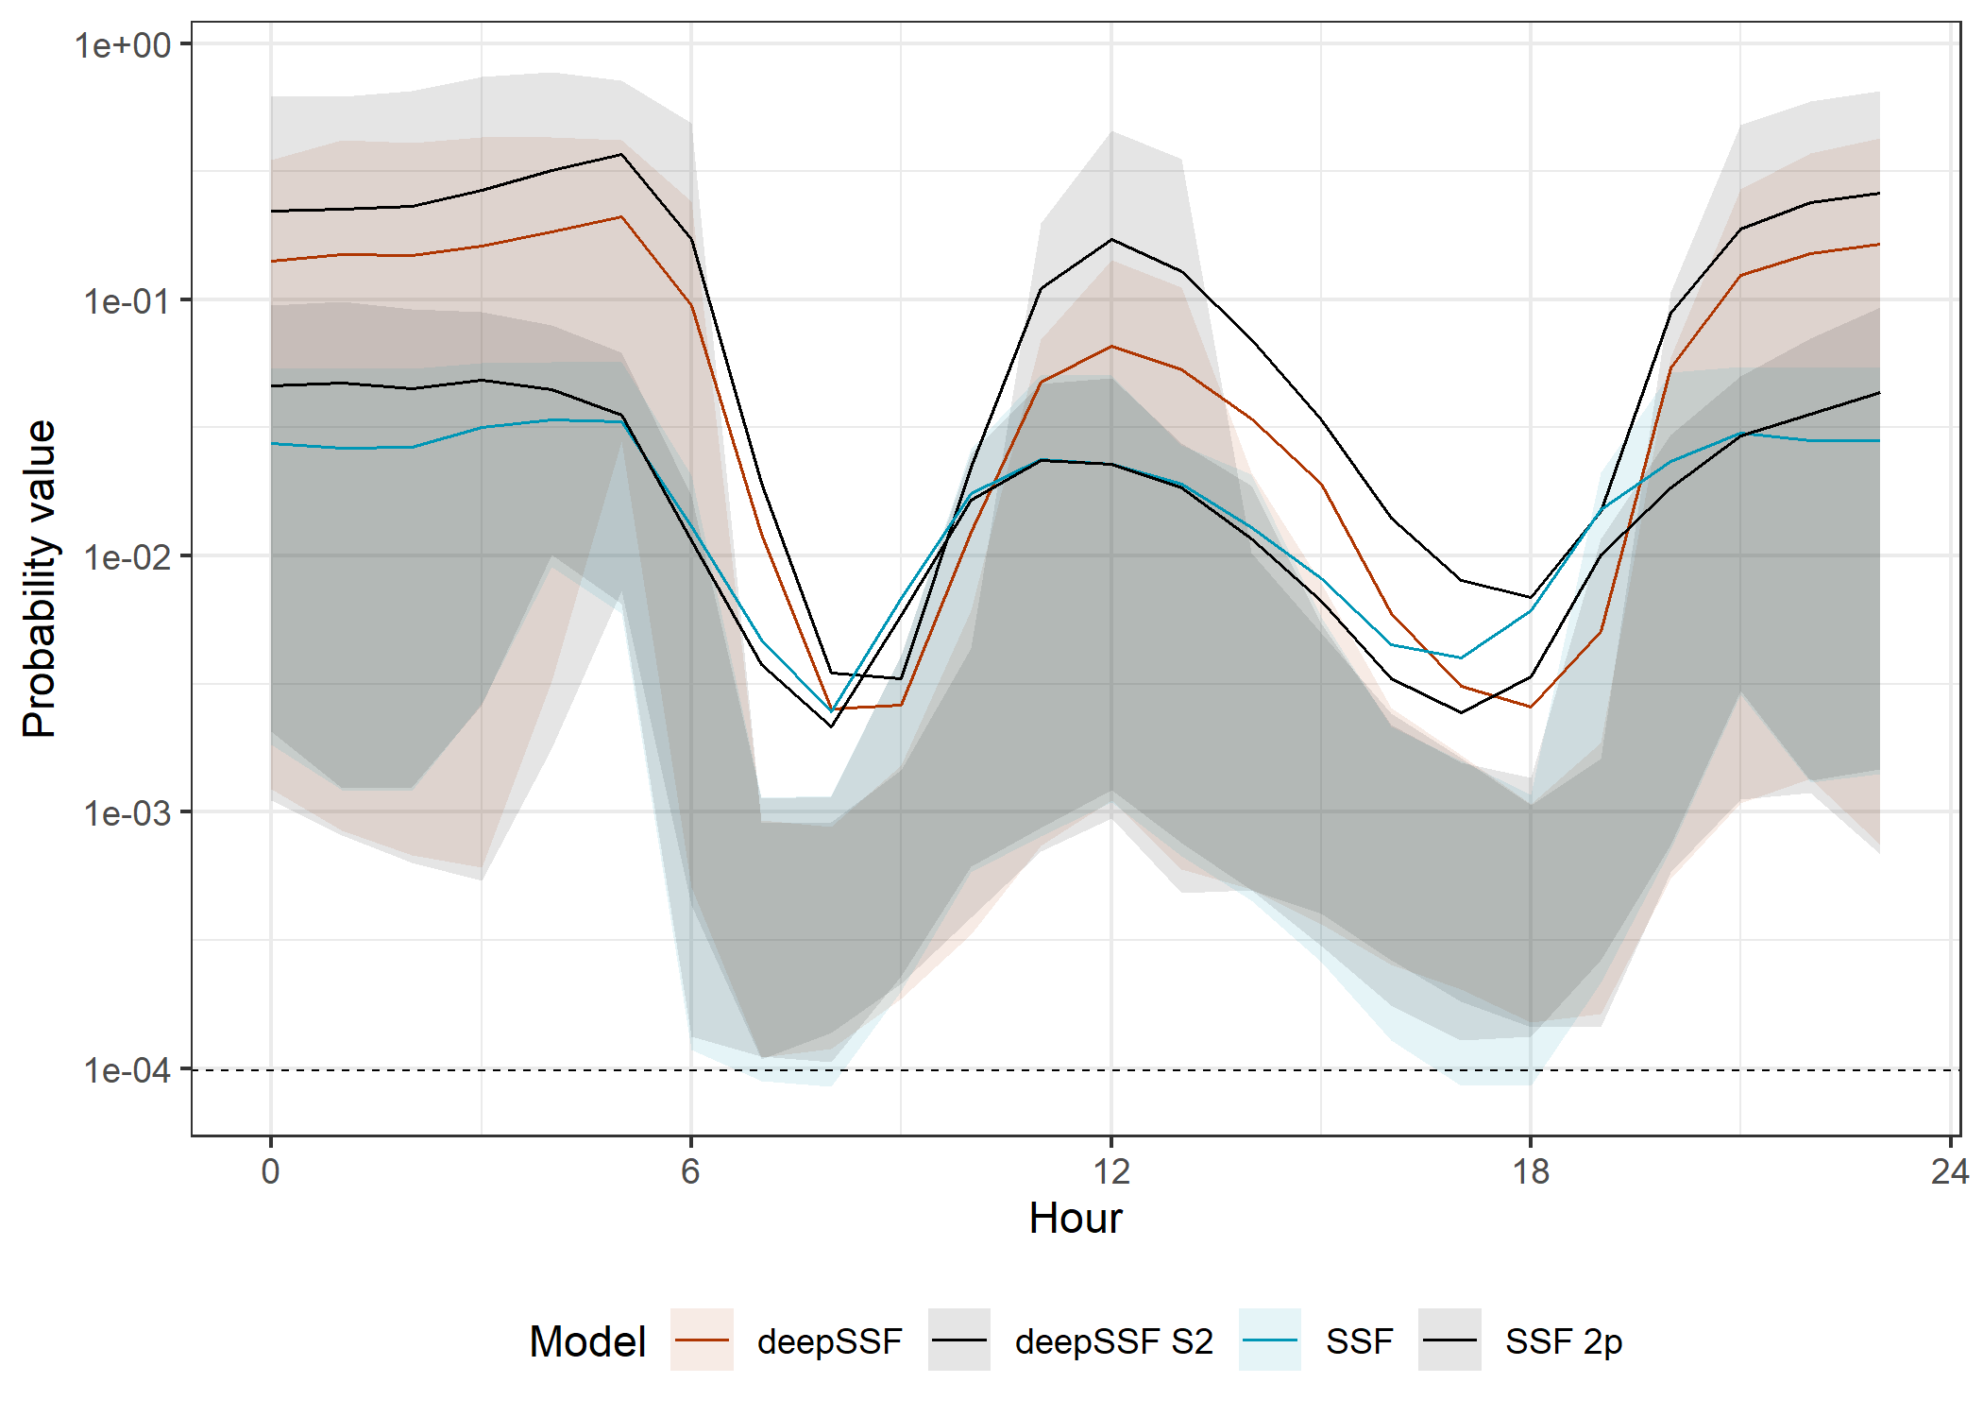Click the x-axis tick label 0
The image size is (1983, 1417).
pos(271,1172)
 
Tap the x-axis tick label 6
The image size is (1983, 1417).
pos(691,1172)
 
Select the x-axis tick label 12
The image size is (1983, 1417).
pos(1111,1172)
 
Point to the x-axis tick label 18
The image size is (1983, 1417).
pos(1531,1172)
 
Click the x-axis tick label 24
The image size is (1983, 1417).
pos(1949,1172)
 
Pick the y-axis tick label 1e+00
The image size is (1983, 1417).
pos(124,45)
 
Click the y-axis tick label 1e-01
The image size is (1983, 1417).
pos(127,301)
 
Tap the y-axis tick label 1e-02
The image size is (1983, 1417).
pos(127,557)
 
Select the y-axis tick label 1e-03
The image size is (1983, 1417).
pos(127,813)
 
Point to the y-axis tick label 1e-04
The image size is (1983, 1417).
pos(127,1070)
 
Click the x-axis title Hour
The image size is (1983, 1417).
pos(1076,1219)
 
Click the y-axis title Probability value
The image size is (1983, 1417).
pos(40,578)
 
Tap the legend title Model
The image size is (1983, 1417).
pos(587,1341)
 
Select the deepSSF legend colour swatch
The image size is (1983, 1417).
pos(702,1340)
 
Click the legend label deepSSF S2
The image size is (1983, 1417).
pos(1114,1341)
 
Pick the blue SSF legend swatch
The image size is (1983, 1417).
pos(1270,1340)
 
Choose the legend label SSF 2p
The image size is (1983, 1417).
pos(1564,1341)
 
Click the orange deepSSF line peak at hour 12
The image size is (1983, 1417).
pos(1111,347)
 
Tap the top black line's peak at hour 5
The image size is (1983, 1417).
pos(621,154)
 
